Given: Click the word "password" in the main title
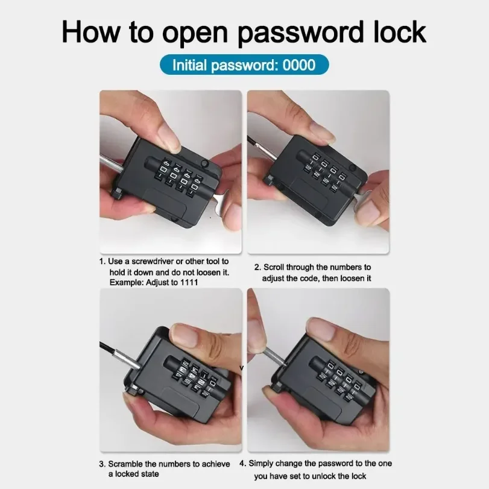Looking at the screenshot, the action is [301, 33].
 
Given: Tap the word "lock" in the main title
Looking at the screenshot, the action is [400, 32].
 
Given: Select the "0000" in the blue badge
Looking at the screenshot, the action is [298, 65].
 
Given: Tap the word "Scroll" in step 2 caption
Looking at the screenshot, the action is [274, 267].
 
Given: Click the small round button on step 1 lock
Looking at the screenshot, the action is [205, 163].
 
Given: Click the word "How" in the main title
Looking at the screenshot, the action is [91, 32].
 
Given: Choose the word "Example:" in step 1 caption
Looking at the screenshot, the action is [126, 283].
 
